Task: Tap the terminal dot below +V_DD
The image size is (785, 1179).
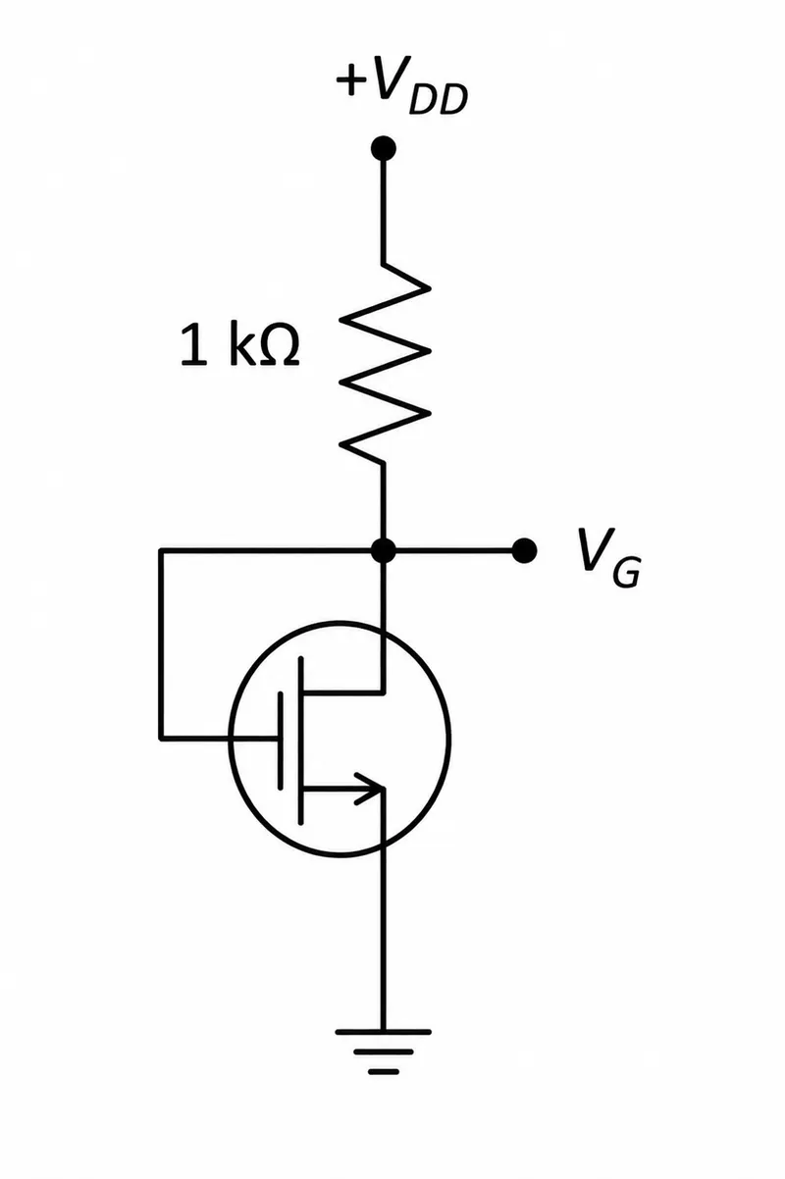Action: pyautogui.click(x=384, y=148)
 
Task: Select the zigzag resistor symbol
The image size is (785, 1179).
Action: pyautogui.click(x=386, y=363)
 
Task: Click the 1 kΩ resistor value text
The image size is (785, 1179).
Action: pyautogui.click(x=240, y=345)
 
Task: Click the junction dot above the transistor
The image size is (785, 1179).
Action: pyautogui.click(x=384, y=551)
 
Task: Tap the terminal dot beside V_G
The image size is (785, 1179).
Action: pyautogui.click(x=524, y=551)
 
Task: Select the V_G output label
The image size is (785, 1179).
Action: pyautogui.click(x=609, y=557)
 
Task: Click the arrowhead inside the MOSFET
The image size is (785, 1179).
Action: pyautogui.click(x=370, y=789)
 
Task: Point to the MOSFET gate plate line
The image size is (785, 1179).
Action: pyautogui.click(x=280, y=740)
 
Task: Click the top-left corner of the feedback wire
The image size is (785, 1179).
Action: pyautogui.click(x=161, y=551)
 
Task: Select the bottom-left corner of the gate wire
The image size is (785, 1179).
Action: pyautogui.click(x=161, y=738)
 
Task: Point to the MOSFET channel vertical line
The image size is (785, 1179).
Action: pyautogui.click(x=300, y=740)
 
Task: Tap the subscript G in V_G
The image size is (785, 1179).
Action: pyautogui.click(x=626, y=571)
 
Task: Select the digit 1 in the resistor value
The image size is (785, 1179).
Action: pyautogui.click(x=193, y=345)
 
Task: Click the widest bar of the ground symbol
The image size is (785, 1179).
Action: pyautogui.click(x=384, y=1032)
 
